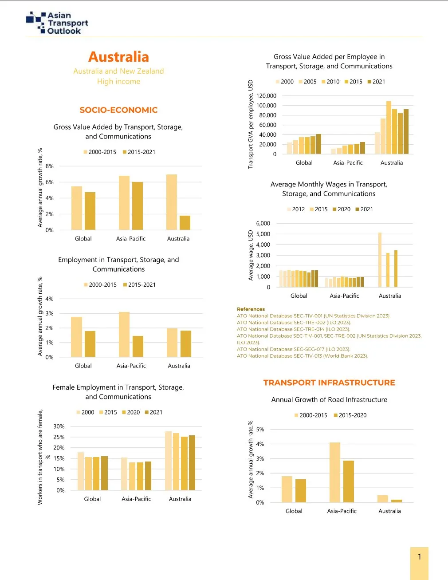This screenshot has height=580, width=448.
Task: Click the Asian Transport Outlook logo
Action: (57, 23)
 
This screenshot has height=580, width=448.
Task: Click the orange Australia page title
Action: (118, 57)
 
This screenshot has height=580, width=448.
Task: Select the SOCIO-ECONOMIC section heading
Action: (118, 110)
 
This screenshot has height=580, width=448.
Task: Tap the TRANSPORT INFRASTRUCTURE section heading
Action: (329, 383)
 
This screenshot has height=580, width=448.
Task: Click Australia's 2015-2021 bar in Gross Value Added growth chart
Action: (185, 223)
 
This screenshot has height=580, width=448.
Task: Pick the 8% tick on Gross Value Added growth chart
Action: (50, 166)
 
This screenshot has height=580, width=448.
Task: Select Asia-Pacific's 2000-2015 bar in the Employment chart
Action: (124, 335)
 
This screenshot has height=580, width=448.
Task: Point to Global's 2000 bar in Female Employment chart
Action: (81, 471)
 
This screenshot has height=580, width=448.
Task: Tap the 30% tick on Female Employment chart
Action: (59, 426)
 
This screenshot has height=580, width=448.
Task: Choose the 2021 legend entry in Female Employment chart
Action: (153, 412)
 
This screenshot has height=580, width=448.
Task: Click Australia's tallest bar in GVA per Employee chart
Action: (389, 128)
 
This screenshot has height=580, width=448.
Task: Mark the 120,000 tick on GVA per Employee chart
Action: (266, 96)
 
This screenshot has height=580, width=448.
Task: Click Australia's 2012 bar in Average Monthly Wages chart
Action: (380, 260)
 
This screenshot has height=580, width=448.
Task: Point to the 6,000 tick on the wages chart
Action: (263, 224)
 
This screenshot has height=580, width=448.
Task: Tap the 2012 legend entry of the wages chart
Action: (296, 209)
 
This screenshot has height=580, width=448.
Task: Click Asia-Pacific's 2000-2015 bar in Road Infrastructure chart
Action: (335, 473)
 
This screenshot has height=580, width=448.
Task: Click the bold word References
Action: (251, 309)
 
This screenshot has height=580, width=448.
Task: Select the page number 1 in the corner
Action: (419, 557)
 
